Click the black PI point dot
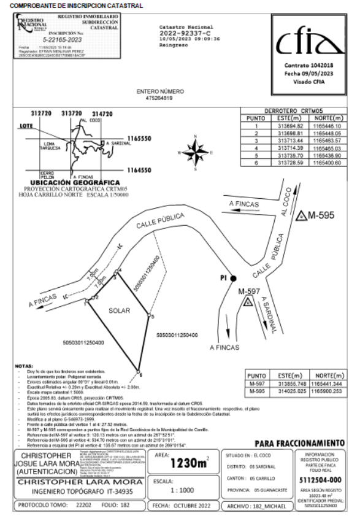pyautogui.click(x=234, y=278)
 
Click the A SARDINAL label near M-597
pyautogui.click(x=267, y=309)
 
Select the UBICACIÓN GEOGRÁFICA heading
pyautogui.click(x=75, y=183)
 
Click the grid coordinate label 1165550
pyautogui.click(x=136, y=139)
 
